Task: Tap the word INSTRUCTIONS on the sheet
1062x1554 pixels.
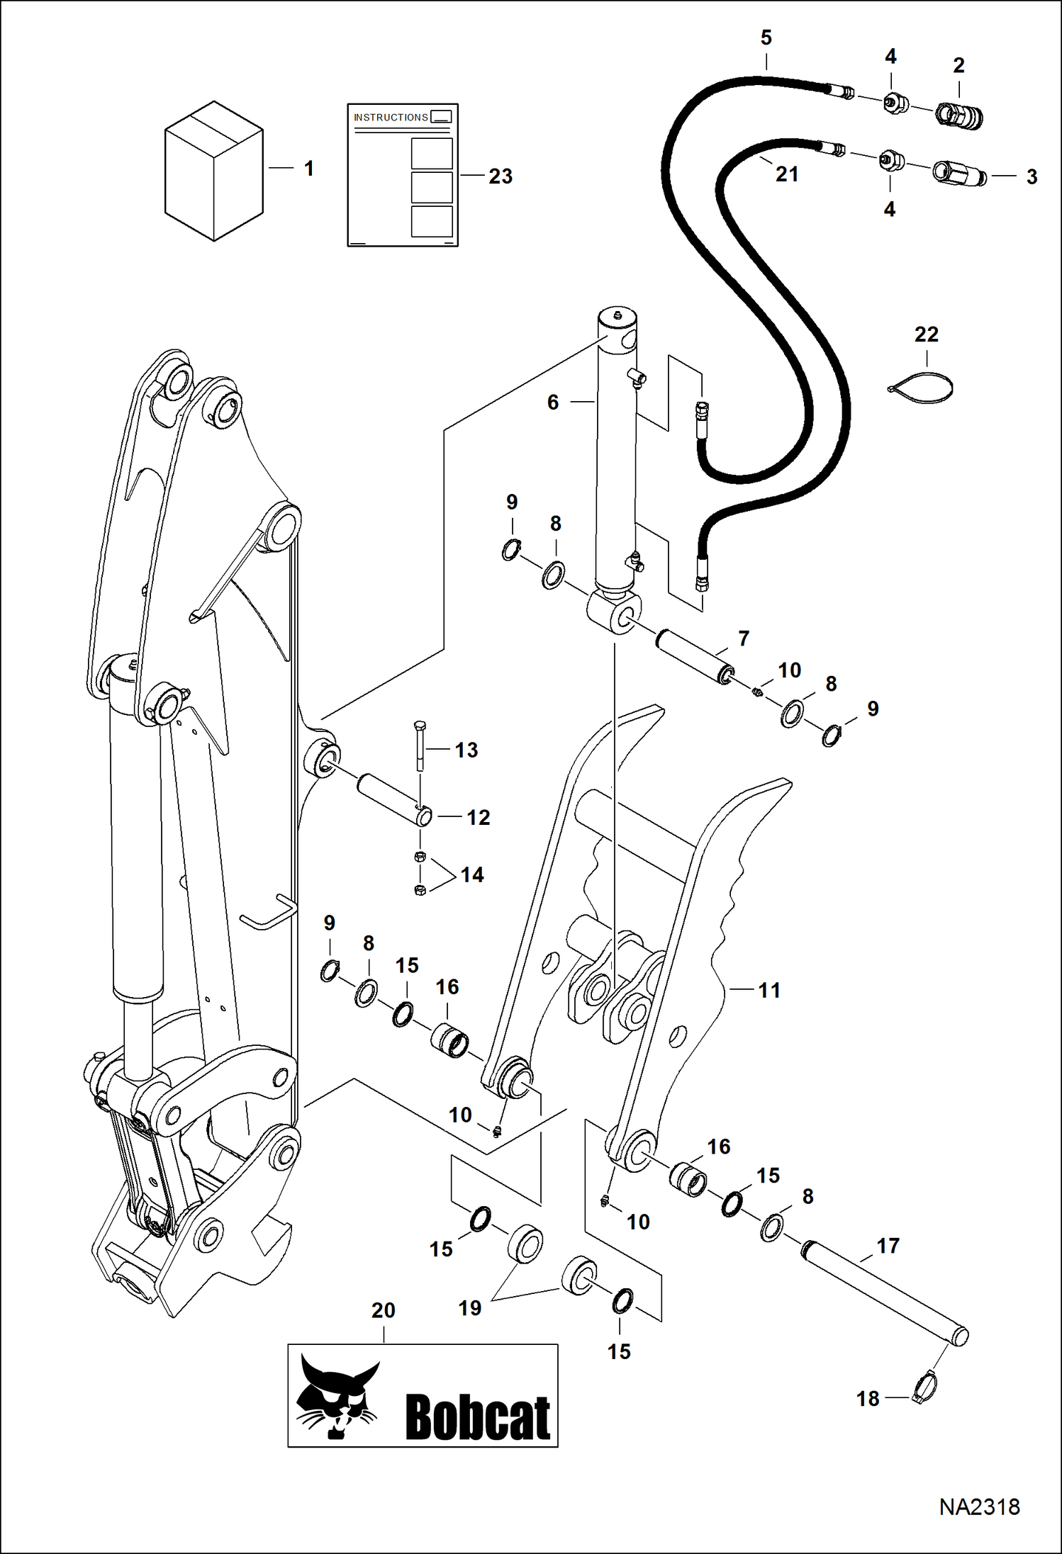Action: click(391, 118)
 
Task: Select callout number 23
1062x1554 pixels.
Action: click(501, 176)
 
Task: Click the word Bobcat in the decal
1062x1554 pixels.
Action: click(478, 1418)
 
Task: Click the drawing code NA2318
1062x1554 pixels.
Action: click(979, 1507)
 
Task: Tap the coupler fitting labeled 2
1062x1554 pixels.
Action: click(959, 114)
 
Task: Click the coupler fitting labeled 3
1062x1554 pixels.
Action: click(958, 173)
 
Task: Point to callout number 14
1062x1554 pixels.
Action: click(472, 875)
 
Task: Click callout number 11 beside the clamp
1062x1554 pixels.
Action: click(769, 990)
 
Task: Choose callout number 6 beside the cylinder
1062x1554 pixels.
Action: click(553, 402)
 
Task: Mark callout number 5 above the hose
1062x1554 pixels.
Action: click(766, 38)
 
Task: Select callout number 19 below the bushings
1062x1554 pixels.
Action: click(469, 1308)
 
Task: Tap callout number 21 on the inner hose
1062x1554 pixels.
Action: click(787, 174)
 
